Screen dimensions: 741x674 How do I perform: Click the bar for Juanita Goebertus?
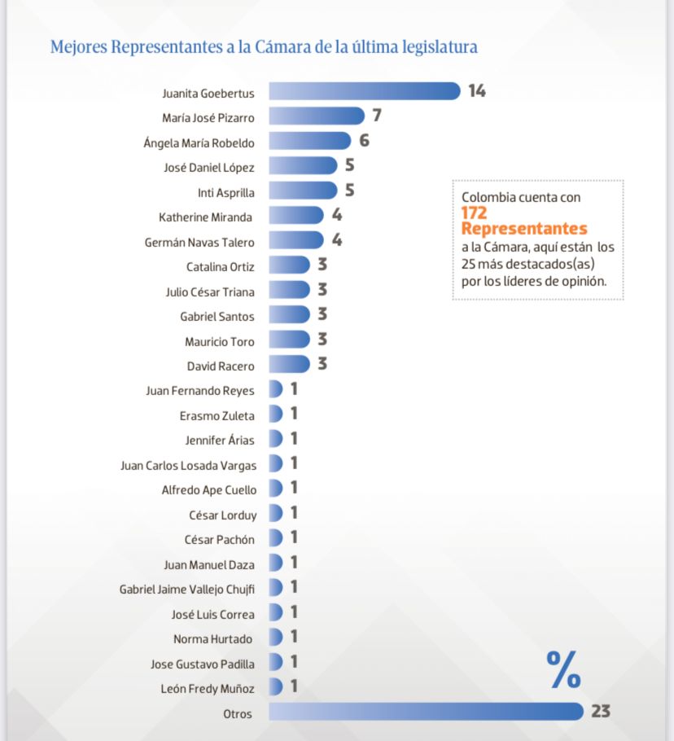[x=365, y=91]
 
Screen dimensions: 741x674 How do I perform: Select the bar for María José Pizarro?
[x=317, y=116]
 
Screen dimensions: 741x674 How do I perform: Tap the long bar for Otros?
[x=426, y=712]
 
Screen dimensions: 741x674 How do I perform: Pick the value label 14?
[x=477, y=90]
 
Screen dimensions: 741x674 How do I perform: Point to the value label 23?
[x=601, y=712]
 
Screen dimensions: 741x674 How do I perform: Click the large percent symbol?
[x=563, y=669]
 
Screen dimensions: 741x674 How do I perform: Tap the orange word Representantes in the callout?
[x=523, y=229]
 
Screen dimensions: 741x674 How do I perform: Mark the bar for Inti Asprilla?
[x=302, y=191]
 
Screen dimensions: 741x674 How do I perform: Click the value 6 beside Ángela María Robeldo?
[x=364, y=141]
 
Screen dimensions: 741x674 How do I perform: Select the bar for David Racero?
[x=289, y=364]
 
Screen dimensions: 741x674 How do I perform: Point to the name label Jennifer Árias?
[x=220, y=440]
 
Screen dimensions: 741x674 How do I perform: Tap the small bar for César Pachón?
[x=275, y=538]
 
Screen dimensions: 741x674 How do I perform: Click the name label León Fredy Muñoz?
[x=208, y=688]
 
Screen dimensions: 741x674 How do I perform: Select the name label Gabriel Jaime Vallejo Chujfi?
[x=186, y=589]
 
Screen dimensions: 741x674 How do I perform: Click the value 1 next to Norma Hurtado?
[x=294, y=637]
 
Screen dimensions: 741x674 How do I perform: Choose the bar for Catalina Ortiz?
[x=289, y=265]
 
